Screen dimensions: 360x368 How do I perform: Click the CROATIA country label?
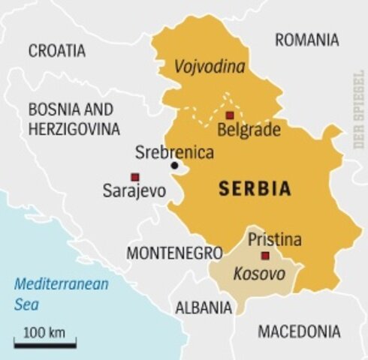coord(57,51)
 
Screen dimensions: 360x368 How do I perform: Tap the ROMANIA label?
coord(306,40)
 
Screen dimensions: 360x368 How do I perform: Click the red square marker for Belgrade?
coord(230,115)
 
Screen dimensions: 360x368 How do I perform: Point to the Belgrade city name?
coord(249,130)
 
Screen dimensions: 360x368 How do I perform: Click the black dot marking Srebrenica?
coord(174,166)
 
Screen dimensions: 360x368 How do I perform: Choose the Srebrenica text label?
coord(174,152)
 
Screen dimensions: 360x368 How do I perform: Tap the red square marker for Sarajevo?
coord(134,177)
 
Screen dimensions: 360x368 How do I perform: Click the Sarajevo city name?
coord(134,191)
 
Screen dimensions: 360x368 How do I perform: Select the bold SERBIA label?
coord(255,189)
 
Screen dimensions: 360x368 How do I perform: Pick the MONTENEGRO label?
coord(174,253)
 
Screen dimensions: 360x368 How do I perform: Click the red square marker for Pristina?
coord(265,256)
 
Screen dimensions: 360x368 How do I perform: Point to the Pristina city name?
coord(275,241)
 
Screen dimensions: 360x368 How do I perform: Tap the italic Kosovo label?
coord(259,274)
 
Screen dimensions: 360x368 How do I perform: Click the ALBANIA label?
coord(204,307)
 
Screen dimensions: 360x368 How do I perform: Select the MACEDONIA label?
coord(299,331)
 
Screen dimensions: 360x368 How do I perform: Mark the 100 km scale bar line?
coord(44,345)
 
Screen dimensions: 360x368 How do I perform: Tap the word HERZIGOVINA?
coord(74,129)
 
